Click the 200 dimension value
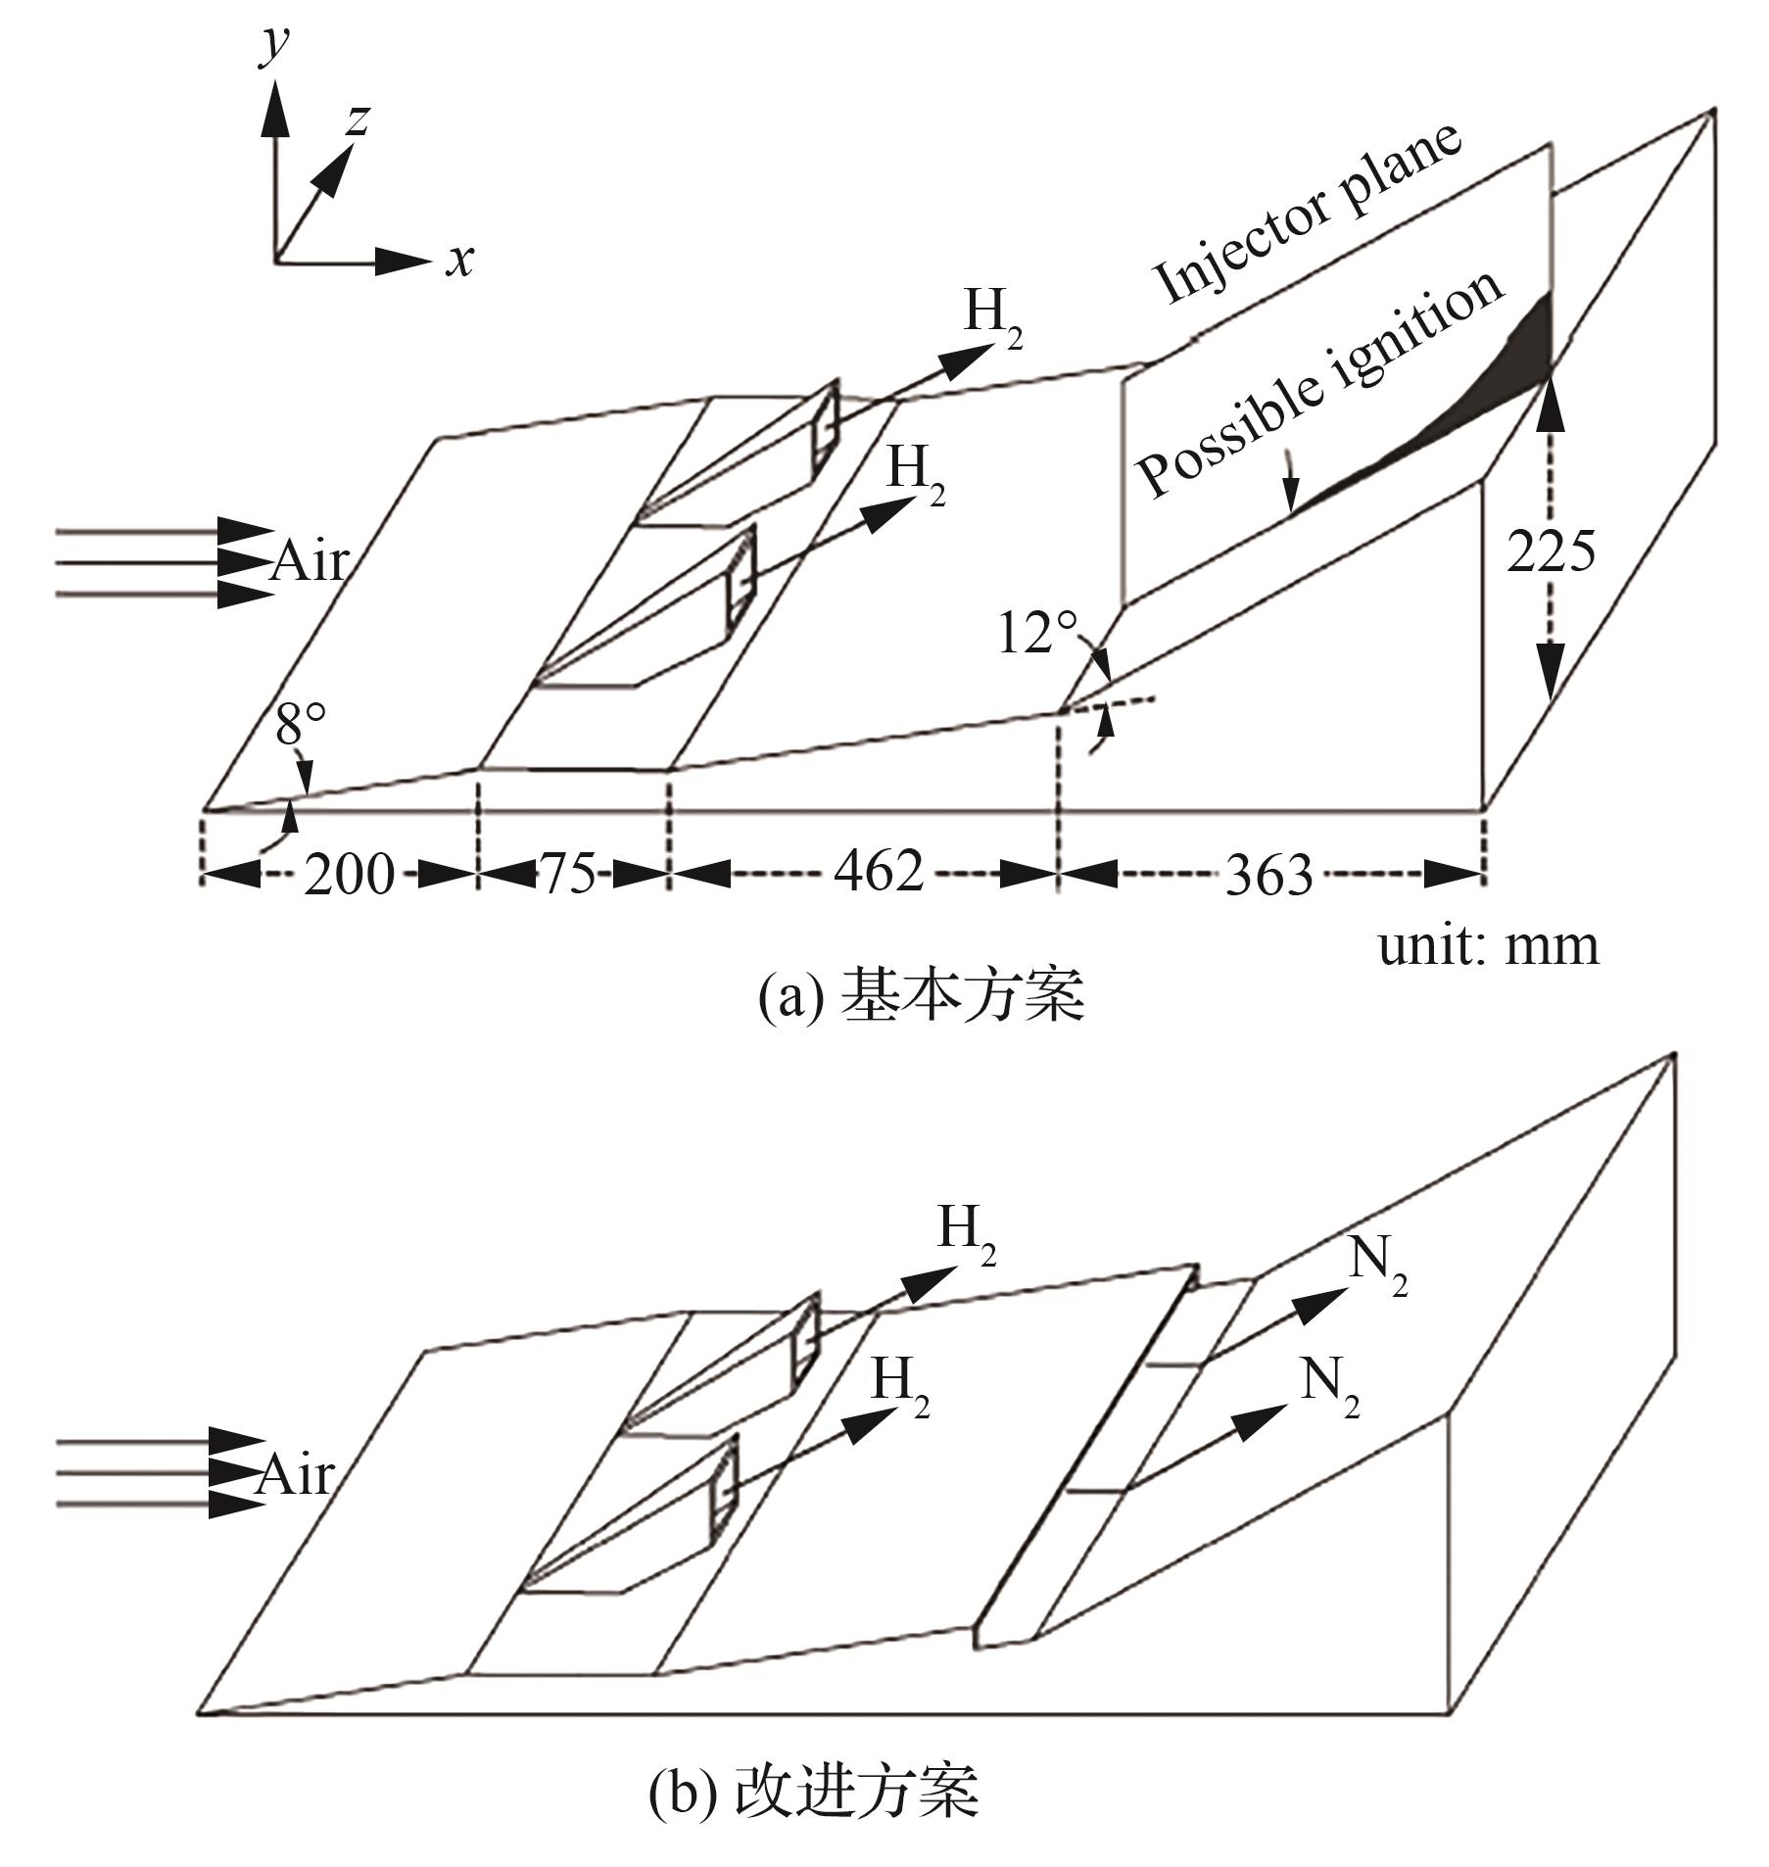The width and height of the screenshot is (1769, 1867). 348,873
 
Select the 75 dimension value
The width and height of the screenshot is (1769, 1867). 569,873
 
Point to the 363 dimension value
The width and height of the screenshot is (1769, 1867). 1268,874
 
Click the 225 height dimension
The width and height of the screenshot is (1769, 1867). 1550,551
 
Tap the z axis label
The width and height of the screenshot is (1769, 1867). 358,120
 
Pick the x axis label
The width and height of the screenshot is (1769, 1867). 459,261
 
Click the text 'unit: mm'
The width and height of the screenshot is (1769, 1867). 1488,946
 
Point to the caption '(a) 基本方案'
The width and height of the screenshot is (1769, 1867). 921,996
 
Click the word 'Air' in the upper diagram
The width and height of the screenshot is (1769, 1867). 310,562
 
